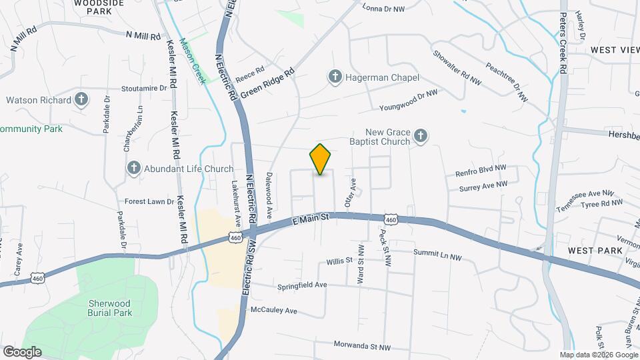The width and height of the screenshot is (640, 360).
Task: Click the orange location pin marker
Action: pyautogui.click(x=320, y=159)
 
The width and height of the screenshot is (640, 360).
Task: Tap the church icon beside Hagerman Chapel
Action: pyautogui.click(x=335, y=78)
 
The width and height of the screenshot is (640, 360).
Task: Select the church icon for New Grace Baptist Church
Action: pyautogui.click(x=420, y=137)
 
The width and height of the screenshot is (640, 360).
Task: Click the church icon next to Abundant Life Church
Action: pyautogui.click(x=134, y=169)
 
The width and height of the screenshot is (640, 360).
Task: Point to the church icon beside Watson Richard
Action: pyautogui.click(x=81, y=101)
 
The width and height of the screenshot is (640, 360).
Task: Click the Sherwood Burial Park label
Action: pyautogui.click(x=111, y=307)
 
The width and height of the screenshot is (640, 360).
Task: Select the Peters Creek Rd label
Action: pyautogui.click(x=563, y=43)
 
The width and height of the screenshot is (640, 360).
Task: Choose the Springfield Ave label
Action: pyautogui.click(x=303, y=285)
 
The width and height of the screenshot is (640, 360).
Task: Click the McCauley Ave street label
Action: pyautogui.click(x=273, y=311)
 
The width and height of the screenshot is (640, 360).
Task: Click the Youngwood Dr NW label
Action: pyautogui.click(x=408, y=101)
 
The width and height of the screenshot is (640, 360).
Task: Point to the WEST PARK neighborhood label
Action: pyautogui.click(x=595, y=250)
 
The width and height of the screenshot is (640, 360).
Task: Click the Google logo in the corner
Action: pyautogui.click(x=22, y=351)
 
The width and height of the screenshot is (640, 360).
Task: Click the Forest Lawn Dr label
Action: pyautogui.click(x=149, y=201)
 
